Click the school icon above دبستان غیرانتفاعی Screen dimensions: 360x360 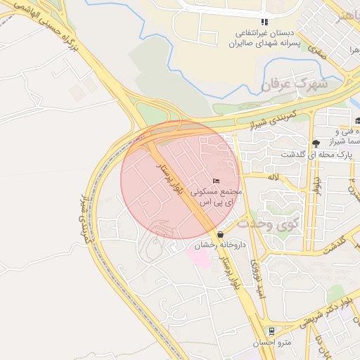pyautogui.click(x=264, y=22)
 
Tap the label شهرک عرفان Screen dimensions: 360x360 pyautogui.click(x=295, y=84)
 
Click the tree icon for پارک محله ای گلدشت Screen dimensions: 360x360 pyautogui.click(x=316, y=143)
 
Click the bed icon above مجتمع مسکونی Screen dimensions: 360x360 pyautogui.click(x=216, y=181)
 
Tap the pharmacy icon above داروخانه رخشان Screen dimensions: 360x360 pyautogui.click(x=221, y=234)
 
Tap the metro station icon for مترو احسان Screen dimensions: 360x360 pyautogui.click(x=271, y=330)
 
